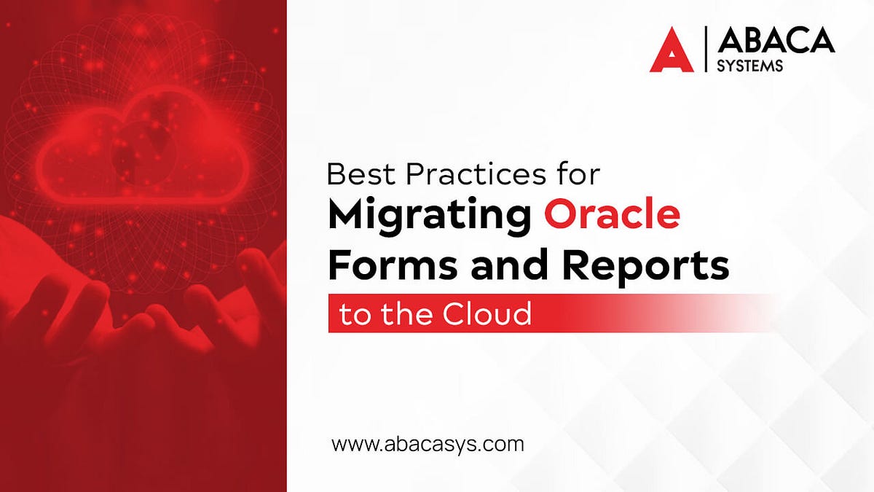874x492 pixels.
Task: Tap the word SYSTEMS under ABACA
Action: pos(751,65)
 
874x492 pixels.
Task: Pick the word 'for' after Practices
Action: pos(580,175)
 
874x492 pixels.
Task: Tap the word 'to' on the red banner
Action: pos(355,315)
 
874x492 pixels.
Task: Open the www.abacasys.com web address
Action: pos(428,444)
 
